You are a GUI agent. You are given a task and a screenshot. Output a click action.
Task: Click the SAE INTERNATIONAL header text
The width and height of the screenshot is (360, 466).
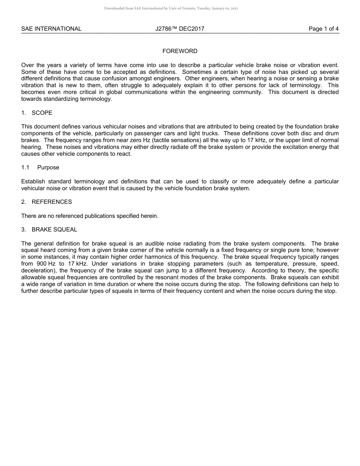51,29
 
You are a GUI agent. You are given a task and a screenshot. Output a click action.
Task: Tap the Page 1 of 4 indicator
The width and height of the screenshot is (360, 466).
324,29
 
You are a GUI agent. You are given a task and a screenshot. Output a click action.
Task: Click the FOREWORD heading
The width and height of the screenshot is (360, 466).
180,51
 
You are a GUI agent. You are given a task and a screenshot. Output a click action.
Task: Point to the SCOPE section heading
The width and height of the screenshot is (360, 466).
42,113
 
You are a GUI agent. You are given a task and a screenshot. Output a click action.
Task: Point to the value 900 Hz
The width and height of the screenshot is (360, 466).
46,264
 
